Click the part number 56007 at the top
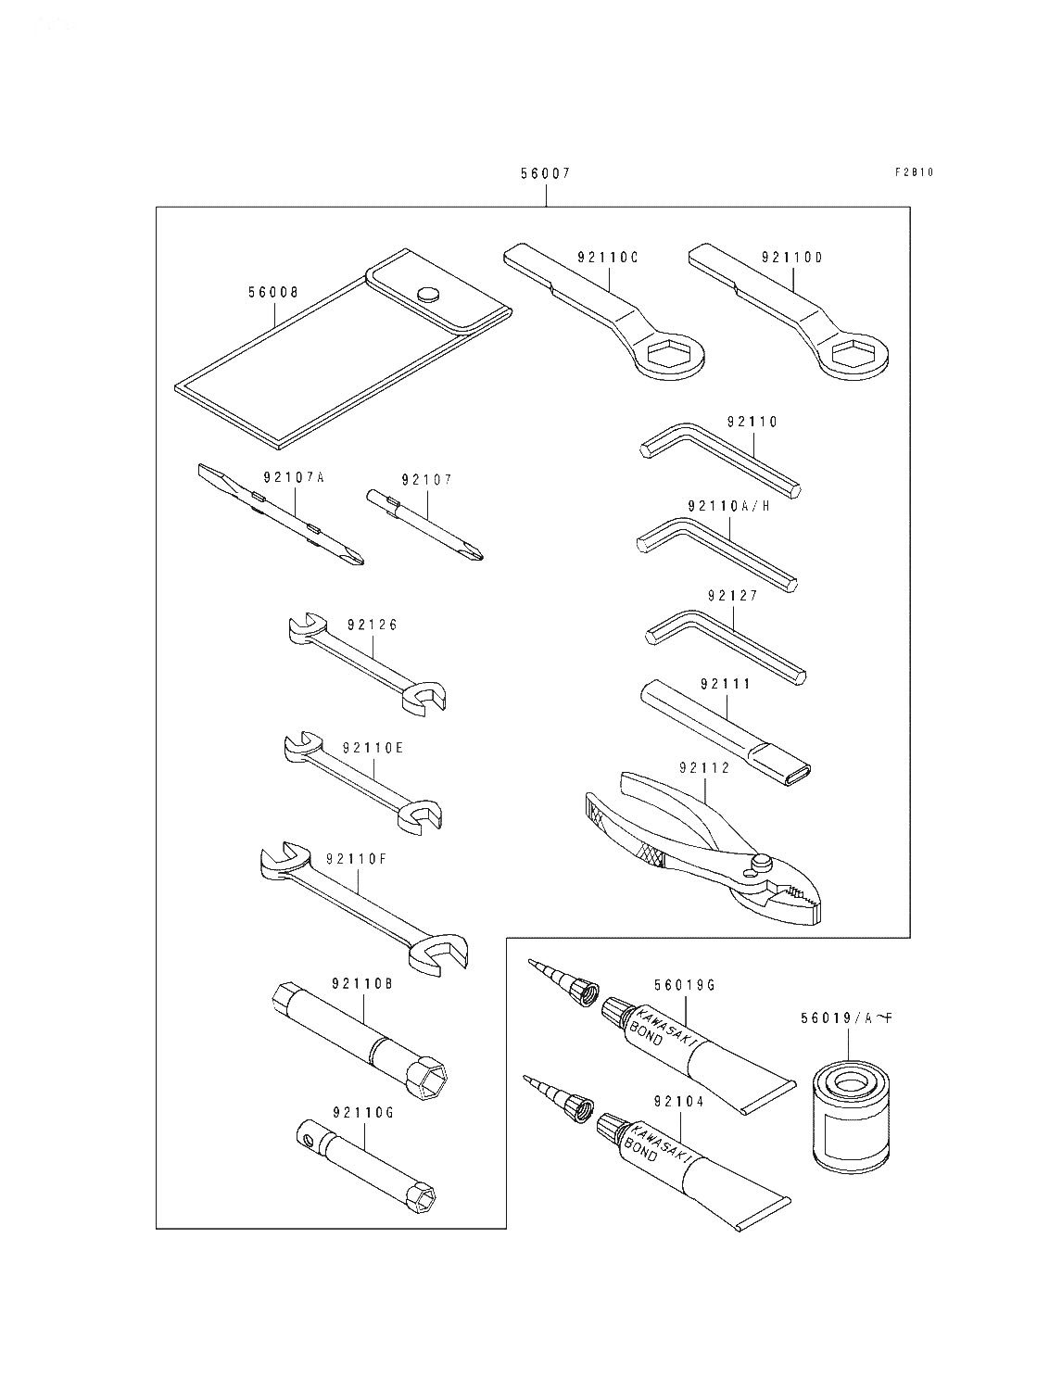545,173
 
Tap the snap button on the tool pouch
428,294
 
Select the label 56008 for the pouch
273,292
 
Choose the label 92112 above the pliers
704,767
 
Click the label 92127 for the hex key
732,596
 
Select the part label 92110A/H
729,506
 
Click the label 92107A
294,478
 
